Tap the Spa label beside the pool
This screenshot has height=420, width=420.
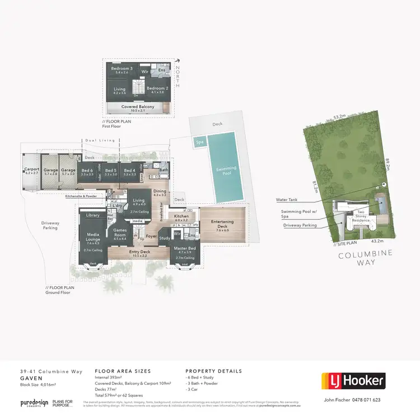[198, 142]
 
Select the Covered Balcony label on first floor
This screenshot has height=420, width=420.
[138, 106]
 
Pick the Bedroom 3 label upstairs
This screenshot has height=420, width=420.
[121, 69]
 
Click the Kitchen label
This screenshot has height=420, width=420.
[181, 216]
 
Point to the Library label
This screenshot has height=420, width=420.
[92, 215]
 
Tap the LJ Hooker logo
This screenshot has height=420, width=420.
[353, 381]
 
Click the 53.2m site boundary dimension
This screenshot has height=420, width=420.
[339, 116]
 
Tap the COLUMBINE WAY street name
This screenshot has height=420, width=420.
[365, 258]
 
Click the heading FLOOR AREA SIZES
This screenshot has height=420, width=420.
[123, 371]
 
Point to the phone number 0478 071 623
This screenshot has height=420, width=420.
[368, 400]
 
